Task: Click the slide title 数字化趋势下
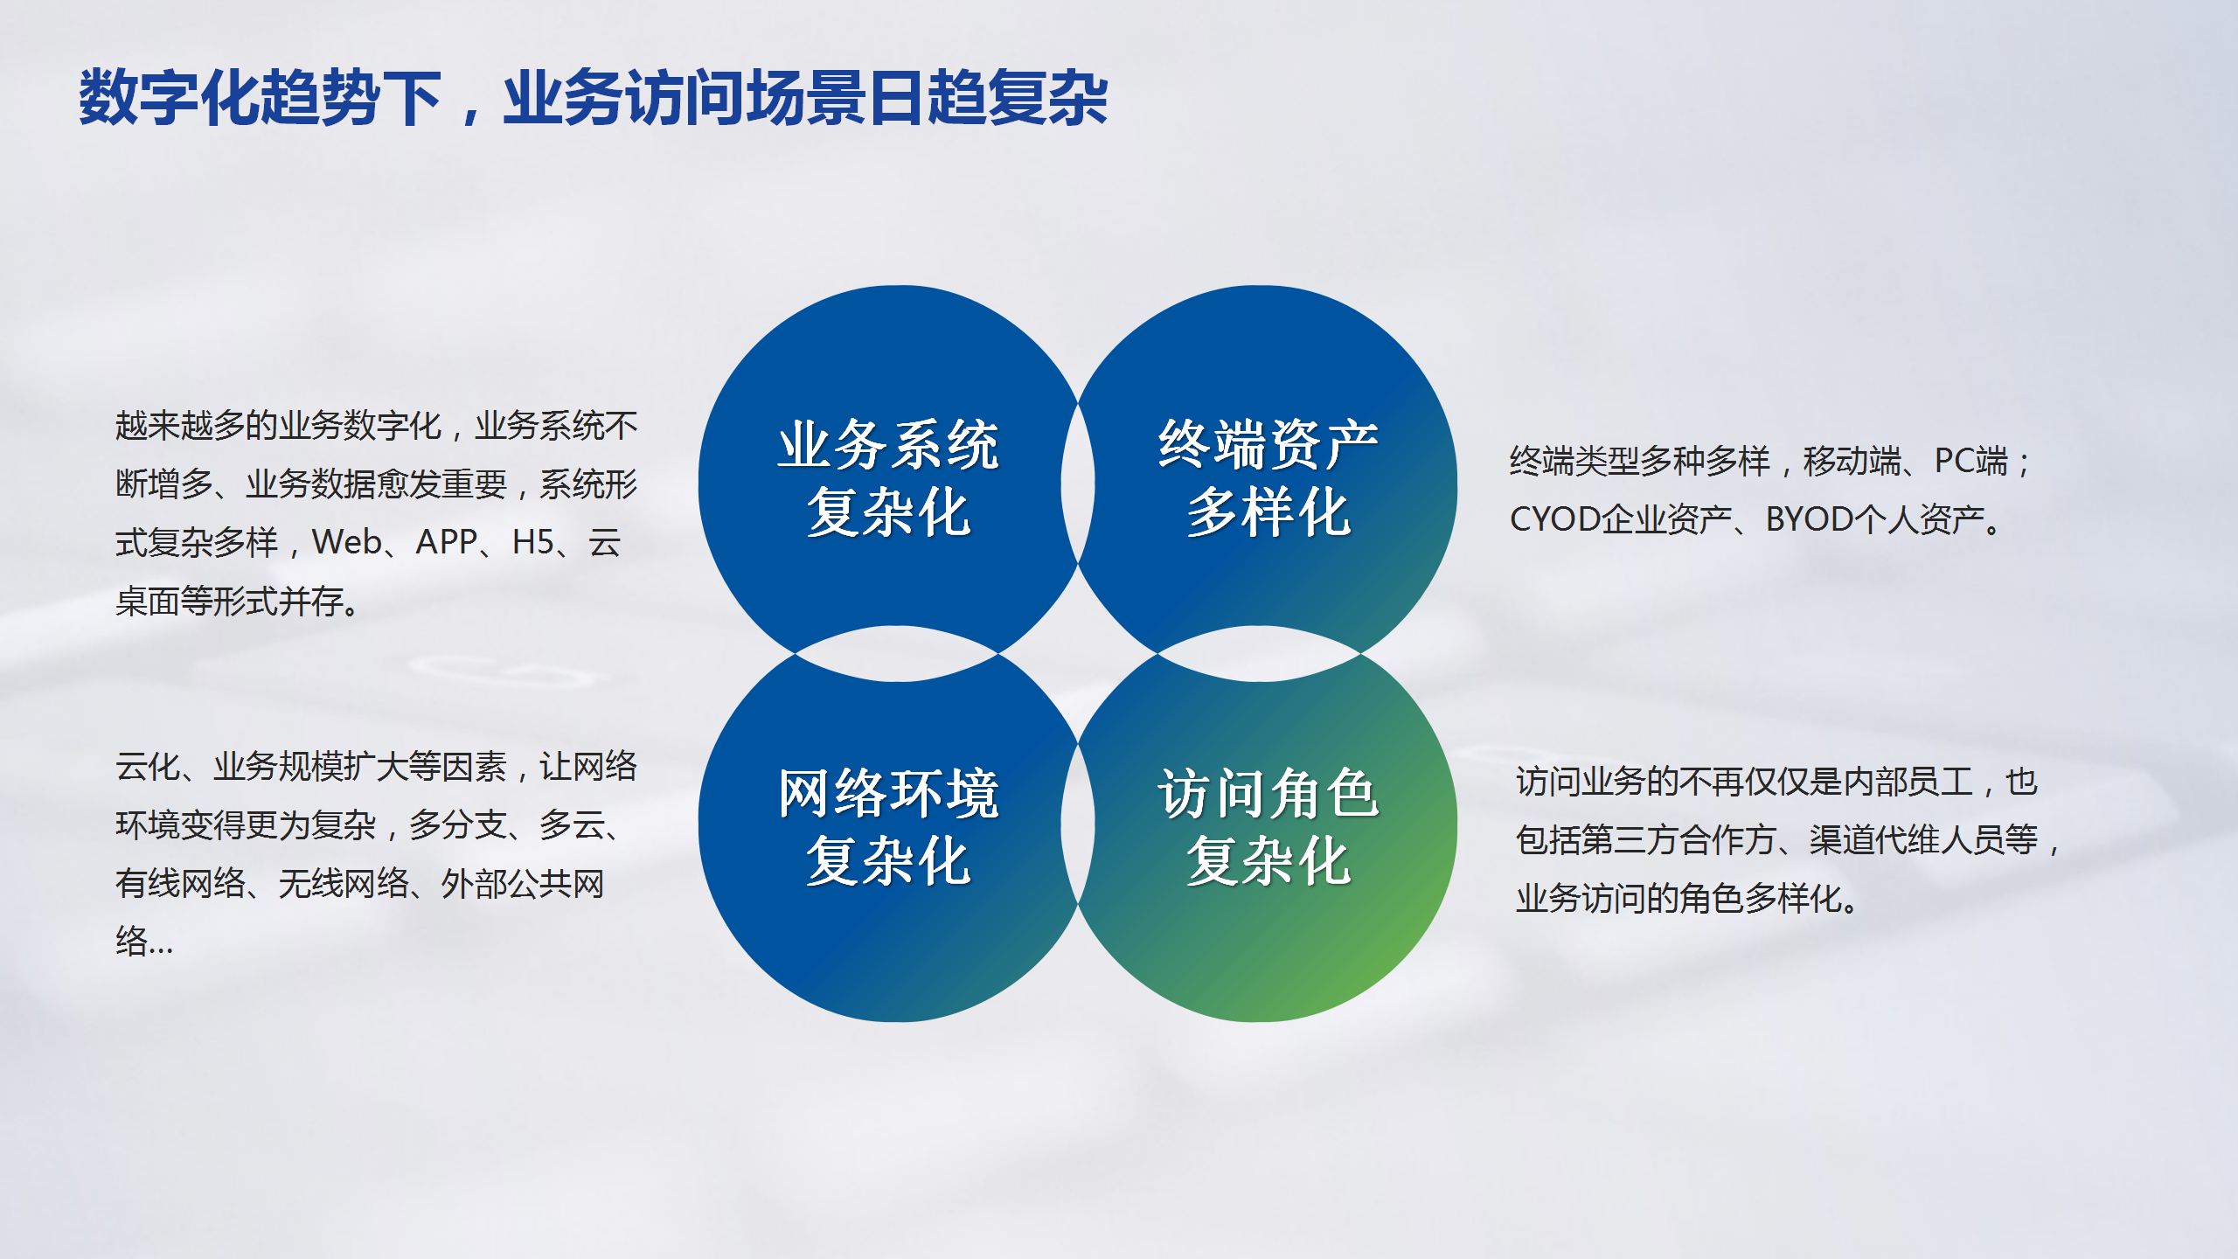(x=261, y=98)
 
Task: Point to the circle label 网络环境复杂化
(x=888, y=827)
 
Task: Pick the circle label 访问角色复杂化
(x=1268, y=827)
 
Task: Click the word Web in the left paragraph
(x=347, y=542)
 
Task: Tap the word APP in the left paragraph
(x=447, y=542)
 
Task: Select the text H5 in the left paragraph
(x=533, y=542)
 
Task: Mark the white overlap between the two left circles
(x=897, y=654)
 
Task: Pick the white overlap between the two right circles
(x=1260, y=654)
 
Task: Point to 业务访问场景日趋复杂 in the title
(x=805, y=98)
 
